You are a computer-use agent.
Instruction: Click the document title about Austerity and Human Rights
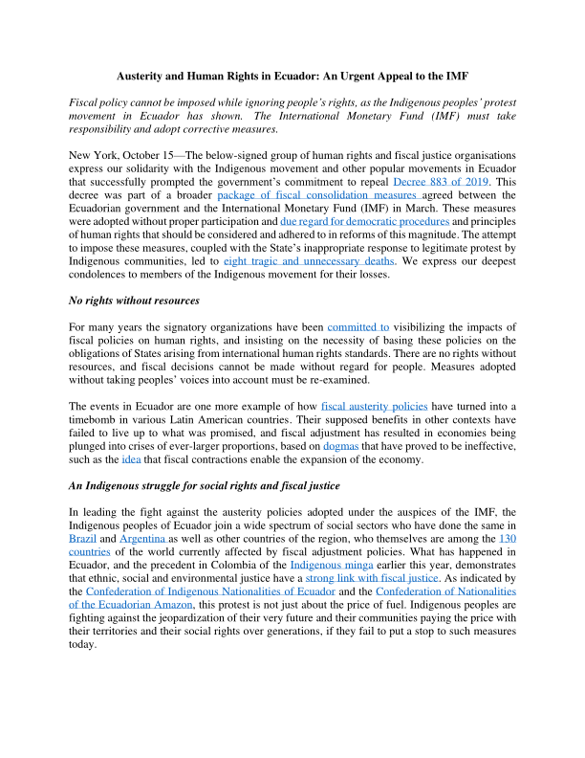[x=292, y=75]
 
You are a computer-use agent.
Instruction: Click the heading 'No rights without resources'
[x=134, y=301]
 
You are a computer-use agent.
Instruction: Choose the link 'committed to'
[x=357, y=327]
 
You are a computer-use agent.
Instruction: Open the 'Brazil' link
[x=82, y=539]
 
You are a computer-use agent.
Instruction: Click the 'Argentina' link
[x=143, y=539]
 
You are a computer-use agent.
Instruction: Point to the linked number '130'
[x=509, y=539]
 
